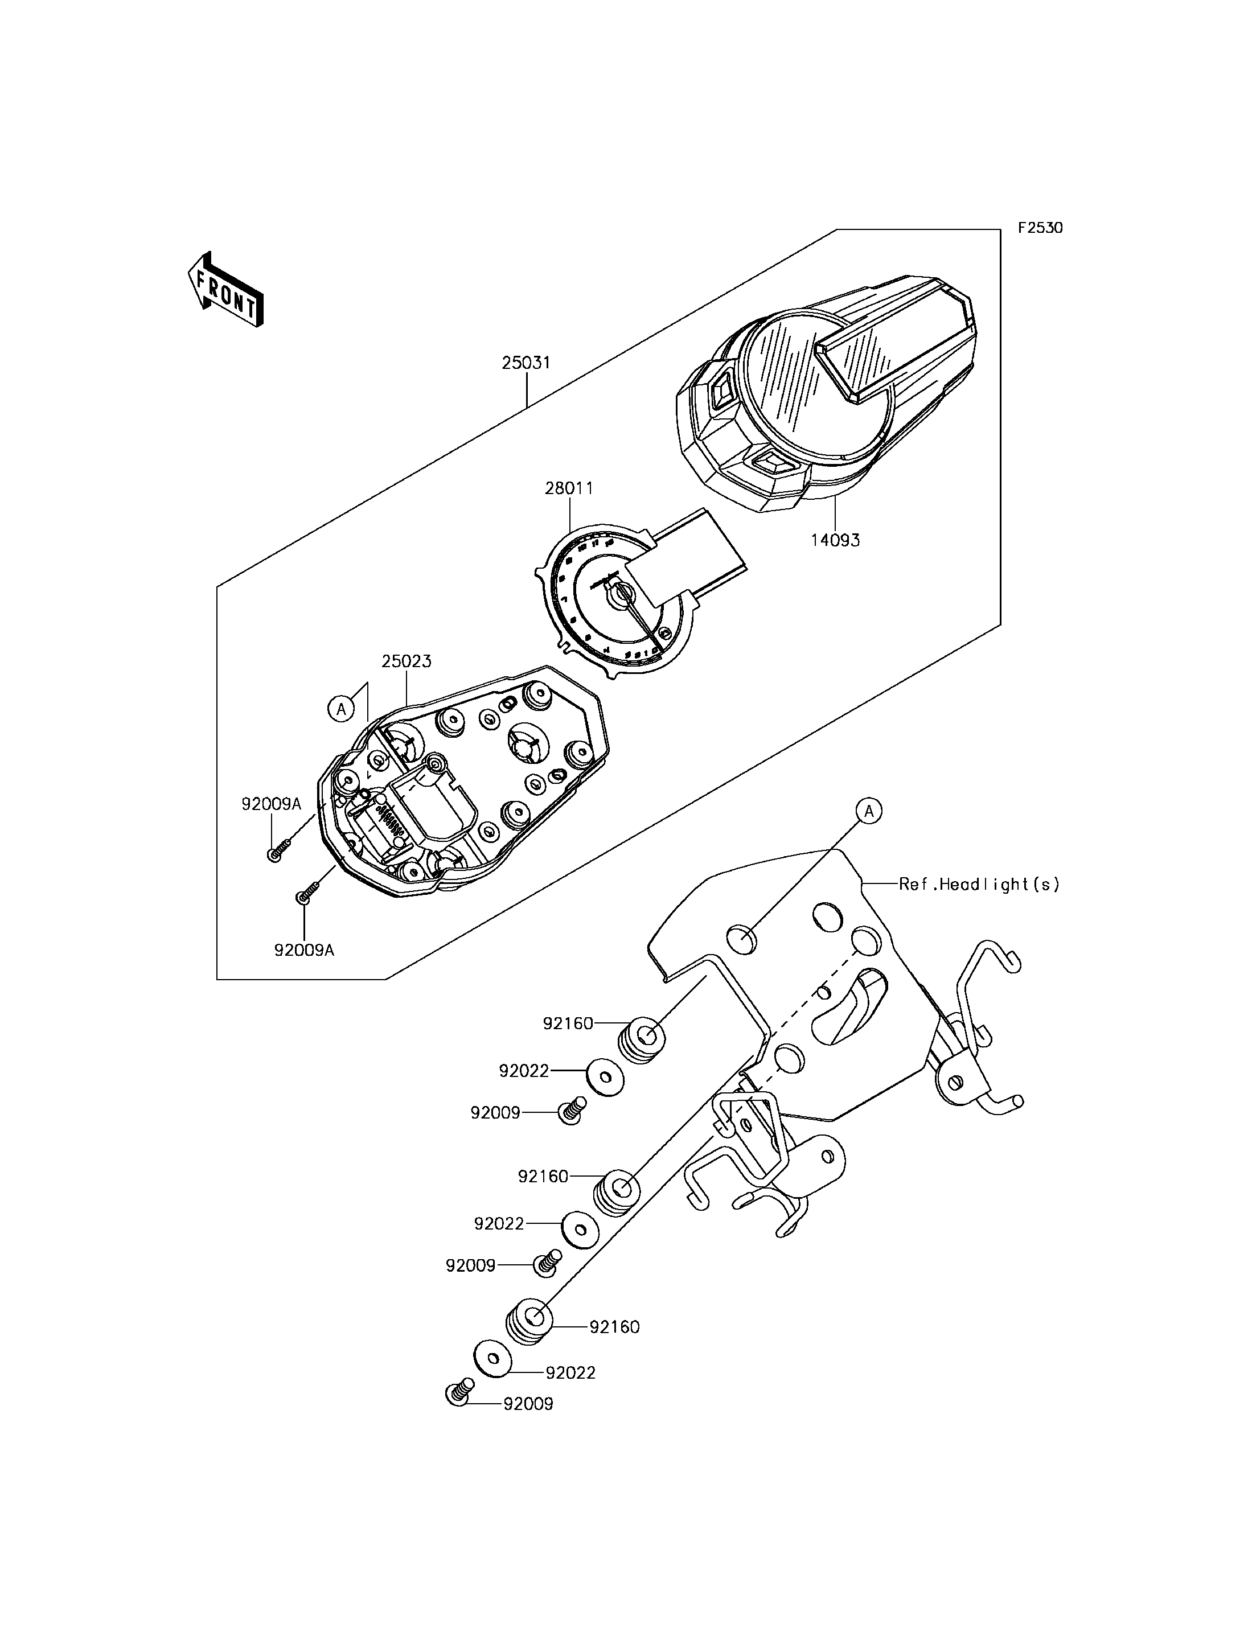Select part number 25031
click(526, 363)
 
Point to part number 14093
click(835, 540)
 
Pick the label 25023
click(407, 661)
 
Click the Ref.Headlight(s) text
click(979, 884)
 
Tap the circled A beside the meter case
click(341, 709)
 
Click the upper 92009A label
click(271, 804)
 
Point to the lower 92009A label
click(305, 950)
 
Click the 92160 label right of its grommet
click(614, 1327)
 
